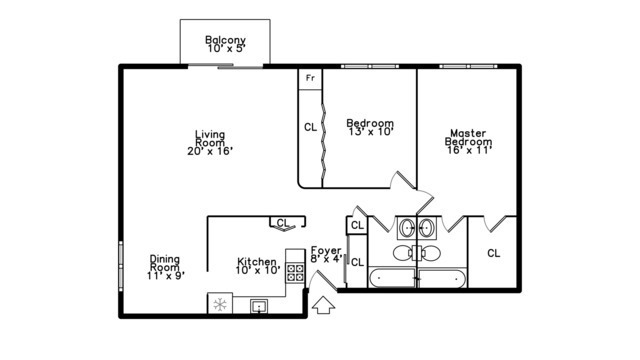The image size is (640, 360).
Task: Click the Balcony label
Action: click(225, 45)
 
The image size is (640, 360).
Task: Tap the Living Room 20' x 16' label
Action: click(209, 143)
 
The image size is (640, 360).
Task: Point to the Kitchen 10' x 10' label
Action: click(257, 264)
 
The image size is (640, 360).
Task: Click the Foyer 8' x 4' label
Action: click(327, 254)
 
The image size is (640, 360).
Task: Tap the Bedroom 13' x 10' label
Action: click(370, 126)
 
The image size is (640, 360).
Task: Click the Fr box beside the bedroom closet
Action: click(310, 78)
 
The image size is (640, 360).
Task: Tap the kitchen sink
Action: click(258, 306)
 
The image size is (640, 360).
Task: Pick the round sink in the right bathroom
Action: click(427, 228)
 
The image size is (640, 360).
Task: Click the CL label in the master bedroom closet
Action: click(493, 253)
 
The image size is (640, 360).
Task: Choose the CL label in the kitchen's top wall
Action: click(282, 223)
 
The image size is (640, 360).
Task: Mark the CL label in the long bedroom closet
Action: click(310, 127)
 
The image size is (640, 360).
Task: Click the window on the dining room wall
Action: click(121, 268)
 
